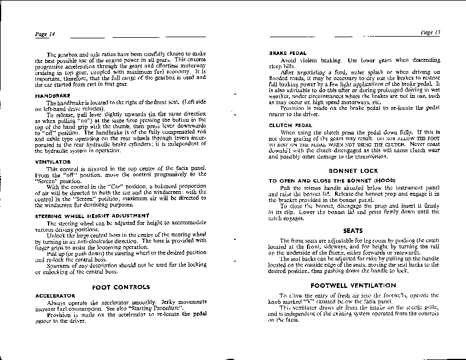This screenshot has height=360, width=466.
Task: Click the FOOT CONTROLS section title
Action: click(x=121, y=287)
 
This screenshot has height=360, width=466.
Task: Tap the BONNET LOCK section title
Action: click(x=353, y=171)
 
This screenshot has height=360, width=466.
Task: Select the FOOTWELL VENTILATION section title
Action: click(x=353, y=285)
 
